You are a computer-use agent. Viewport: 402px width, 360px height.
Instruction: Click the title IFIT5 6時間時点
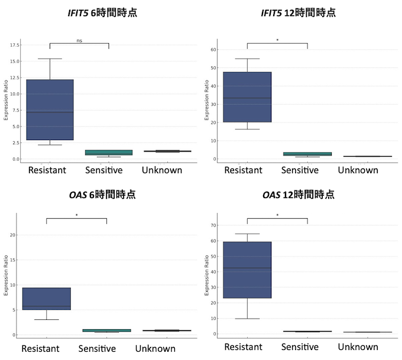pos(102,12)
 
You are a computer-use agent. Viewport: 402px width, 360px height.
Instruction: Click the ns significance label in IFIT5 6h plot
pos(79,41)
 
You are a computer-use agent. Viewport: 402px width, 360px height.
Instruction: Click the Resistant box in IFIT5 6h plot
pos(50,109)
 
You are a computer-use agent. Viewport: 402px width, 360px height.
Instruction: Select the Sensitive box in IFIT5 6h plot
pos(109,153)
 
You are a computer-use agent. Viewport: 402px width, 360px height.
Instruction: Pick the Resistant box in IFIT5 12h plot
pos(247,97)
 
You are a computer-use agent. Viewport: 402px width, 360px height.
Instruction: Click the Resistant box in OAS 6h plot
pos(46,299)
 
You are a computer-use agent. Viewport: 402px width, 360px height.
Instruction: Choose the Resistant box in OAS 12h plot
pos(247,270)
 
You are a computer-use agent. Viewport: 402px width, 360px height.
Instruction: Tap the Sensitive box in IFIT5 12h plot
pos(307,154)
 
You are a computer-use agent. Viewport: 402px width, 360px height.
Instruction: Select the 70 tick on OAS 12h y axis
pos(215,225)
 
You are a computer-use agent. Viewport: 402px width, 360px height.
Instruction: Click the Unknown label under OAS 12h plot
pos(358,347)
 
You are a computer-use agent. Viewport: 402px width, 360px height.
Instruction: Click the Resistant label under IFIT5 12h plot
pos(244,170)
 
